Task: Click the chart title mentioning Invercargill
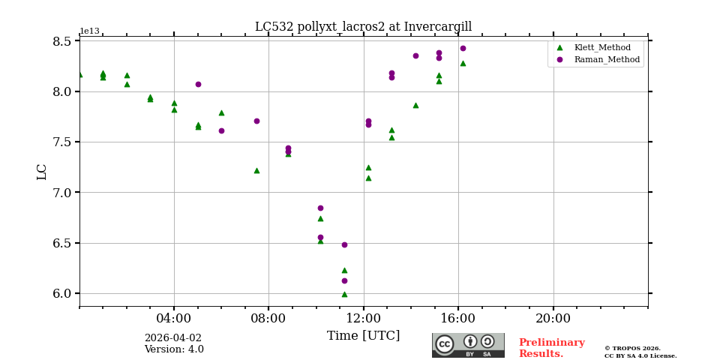point(363,27)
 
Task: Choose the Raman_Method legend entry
point(595,59)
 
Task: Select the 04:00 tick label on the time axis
point(173,318)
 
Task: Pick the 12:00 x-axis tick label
point(363,318)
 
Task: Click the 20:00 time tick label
point(553,318)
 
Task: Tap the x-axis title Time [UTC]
point(363,336)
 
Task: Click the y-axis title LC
point(42,172)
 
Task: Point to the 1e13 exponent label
point(89,31)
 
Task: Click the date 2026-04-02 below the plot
point(172,338)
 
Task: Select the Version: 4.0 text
point(174,349)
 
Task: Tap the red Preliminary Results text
point(551,348)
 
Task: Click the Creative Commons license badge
point(468,345)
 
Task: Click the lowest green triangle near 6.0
point(344,294)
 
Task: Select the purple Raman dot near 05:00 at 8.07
point(198,84)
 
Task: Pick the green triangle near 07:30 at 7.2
point(256,170)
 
